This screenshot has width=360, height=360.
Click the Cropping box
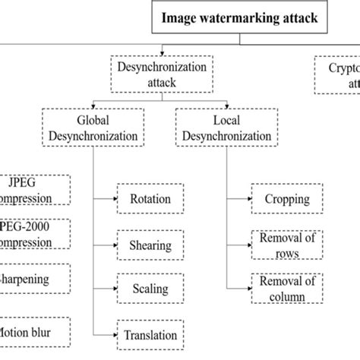pyautogui.click(x=286, y=199)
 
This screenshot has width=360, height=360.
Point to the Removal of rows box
pyautogui.click(x=286, y=245)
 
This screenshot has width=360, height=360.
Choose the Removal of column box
pyautogui.click(x=286, y=289)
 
